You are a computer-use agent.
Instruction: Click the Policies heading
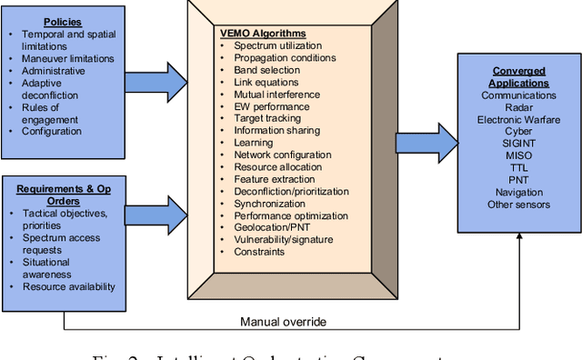click(x=65, y=22)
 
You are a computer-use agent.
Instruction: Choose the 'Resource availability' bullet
click(x=69, y=287)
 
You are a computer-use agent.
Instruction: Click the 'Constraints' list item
click(x=259, y=252)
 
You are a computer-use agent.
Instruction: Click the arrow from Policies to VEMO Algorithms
click(x=155, y=81)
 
